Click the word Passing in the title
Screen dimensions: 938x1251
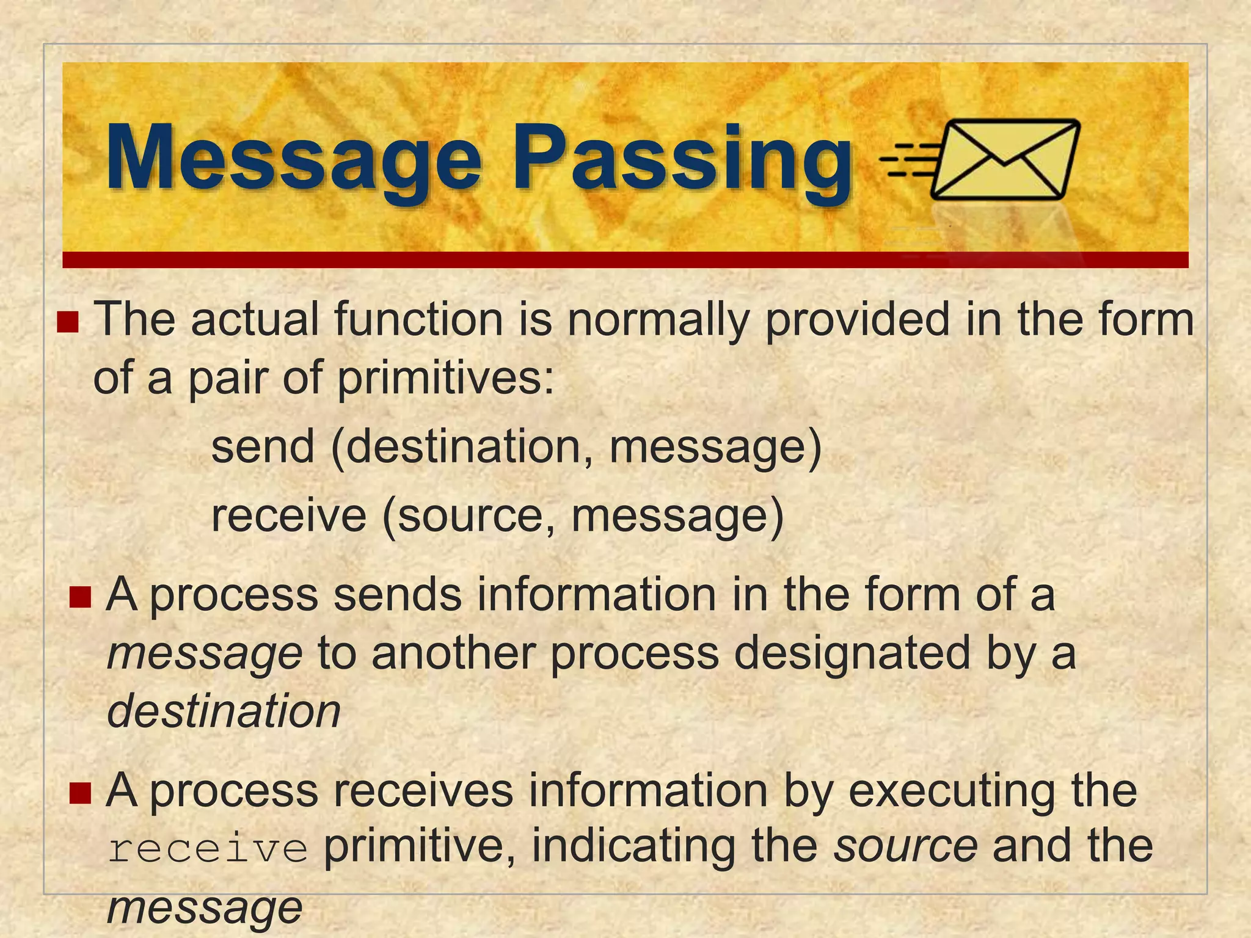(x=681, y=159)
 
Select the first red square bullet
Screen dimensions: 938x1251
(x=68, y=321)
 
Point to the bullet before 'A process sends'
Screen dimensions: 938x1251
(x=80, y=597)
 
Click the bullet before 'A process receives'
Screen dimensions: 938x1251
(x=80, y=793)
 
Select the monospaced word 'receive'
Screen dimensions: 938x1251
(x=208, y=849)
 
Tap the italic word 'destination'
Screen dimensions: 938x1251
(x=224, y=711)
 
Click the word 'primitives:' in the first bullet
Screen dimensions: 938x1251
(x=446, y=378)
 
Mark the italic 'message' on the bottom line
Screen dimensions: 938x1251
(x=205, y=907)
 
